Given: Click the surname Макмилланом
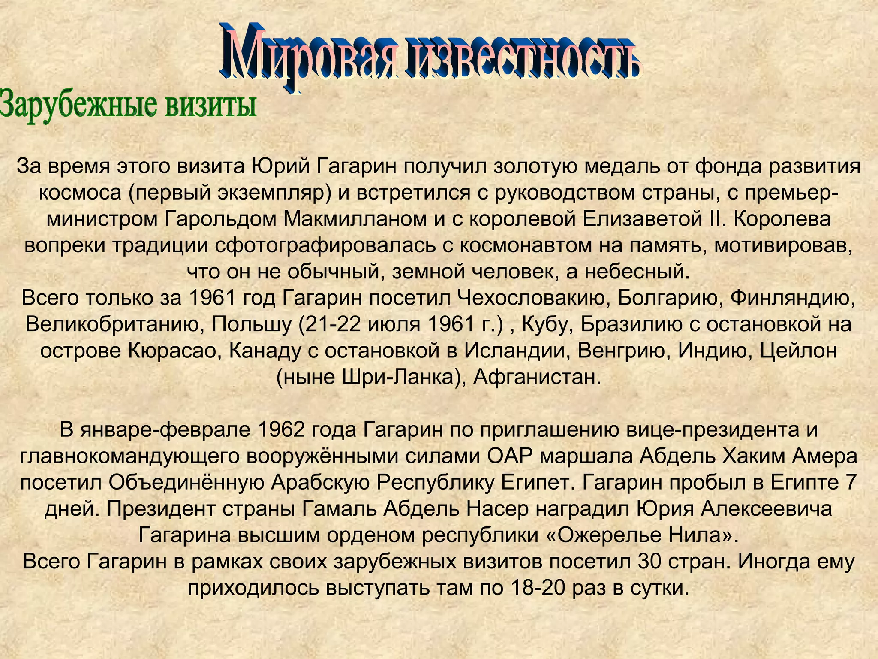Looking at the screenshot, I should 354,219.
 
